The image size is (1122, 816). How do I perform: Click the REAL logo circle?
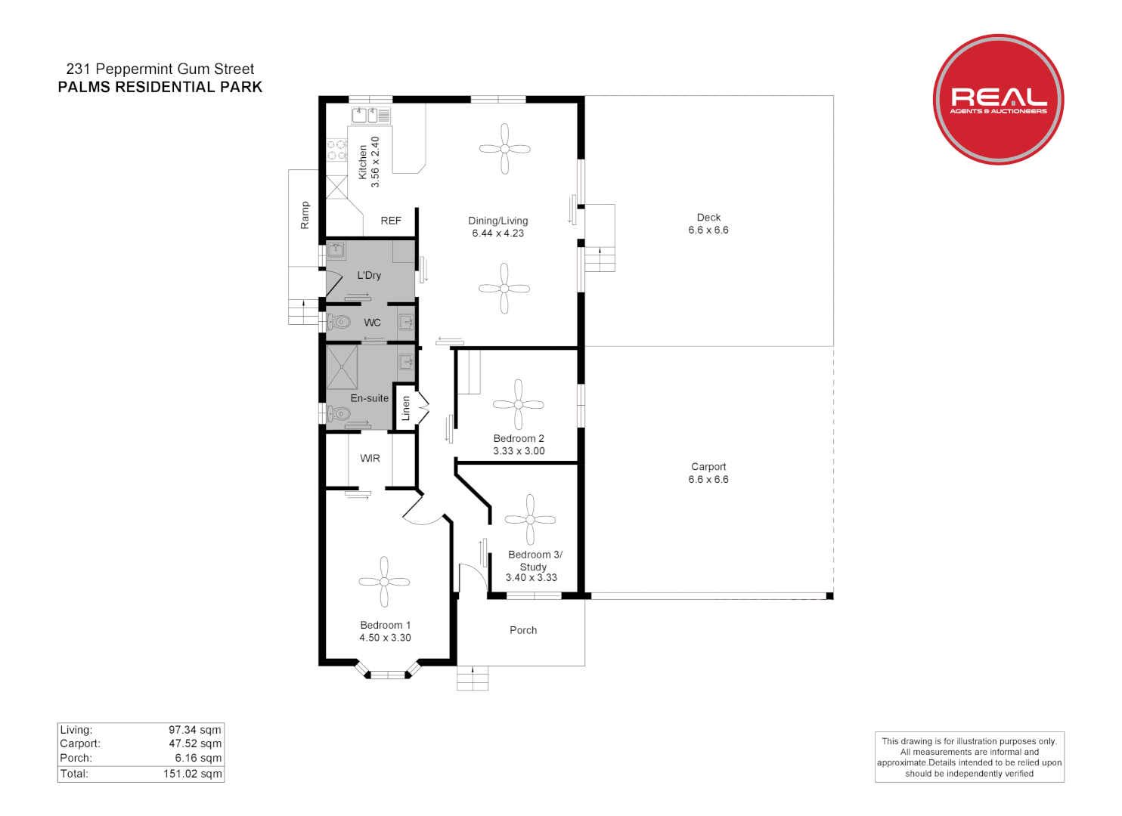(x=997, y=99)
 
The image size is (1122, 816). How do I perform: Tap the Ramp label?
(x=305, y=215)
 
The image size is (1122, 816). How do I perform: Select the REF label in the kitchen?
(x=391, y=221)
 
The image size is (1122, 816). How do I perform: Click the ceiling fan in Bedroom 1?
(x=384, y=582)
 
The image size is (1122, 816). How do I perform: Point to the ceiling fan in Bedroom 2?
(x=518, y=404)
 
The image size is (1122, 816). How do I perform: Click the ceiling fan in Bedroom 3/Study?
(x=530, y=520)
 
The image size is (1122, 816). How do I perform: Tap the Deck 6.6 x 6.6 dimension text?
(x=708, y=230)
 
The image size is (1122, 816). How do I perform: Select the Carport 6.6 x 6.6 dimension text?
(x=708, y=480)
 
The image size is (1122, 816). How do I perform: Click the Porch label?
(x=523, y=630)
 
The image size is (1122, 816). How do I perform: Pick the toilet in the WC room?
(x=339, y=323)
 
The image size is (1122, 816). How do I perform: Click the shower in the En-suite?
(x=342, y=367)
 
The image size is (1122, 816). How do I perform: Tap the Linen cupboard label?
(x=406, y=409)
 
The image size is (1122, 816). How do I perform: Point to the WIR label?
(x=370, y=459)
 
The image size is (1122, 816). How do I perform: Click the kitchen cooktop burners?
(x=336, y=150)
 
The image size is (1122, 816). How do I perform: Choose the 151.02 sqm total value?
(x=192, y=774)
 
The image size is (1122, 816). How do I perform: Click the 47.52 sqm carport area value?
(x=195, y=743)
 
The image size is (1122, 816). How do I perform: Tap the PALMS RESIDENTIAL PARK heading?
(x=160, y=87)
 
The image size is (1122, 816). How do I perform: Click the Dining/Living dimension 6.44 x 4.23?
(x=498, y=233)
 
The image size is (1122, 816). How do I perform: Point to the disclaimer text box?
(x=969, y=757)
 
